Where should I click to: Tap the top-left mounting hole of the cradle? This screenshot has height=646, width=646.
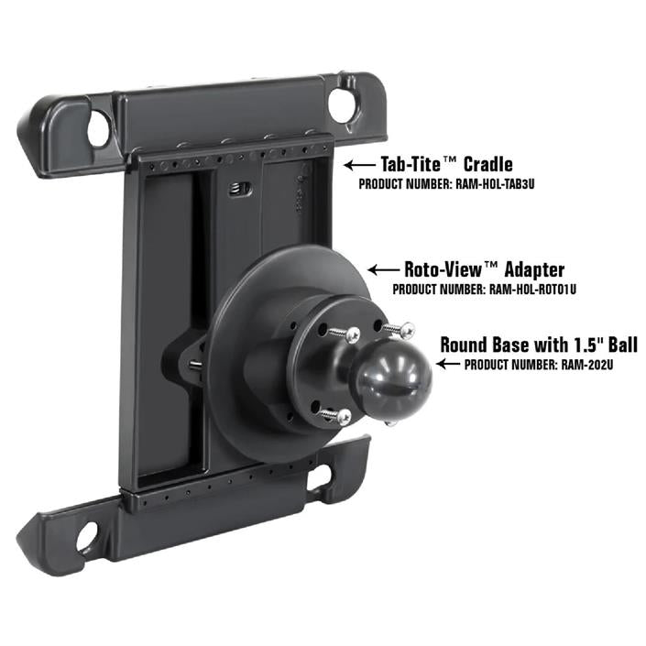[97, 128]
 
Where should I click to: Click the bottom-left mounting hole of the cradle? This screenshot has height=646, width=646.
[84, 533]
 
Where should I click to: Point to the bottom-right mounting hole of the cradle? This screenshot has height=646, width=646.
[319, 477]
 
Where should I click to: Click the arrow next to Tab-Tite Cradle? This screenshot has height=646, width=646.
[360, 166]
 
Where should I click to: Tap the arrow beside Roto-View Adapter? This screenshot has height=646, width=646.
[383, 270]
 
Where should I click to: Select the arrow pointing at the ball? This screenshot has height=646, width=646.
[449, 364]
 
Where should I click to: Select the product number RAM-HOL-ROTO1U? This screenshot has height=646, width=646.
[536, 289]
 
